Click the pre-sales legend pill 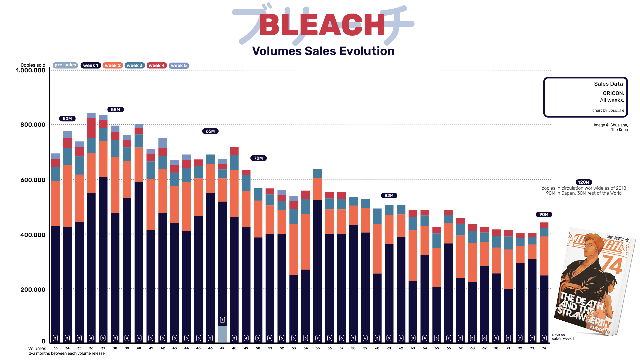click(65, 65)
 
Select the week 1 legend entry click(91, 66)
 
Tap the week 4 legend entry click(157, 66)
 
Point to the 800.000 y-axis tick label click(33, 125)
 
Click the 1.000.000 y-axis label click(31, 70)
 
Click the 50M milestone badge click(67, 119)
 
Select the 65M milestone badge click(210, 131)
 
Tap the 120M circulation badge click(584, 182)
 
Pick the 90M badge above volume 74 click(544, 215)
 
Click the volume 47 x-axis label click(222, 348)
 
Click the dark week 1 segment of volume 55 click(318, 267)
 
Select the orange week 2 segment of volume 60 click(377, 248)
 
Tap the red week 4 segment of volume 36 click(91, 128)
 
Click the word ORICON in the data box click(613, 93)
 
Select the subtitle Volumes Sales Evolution click(323, 51)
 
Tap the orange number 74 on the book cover click(612, 265)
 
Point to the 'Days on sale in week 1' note click(563, 337)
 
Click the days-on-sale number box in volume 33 click(55, 338)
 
